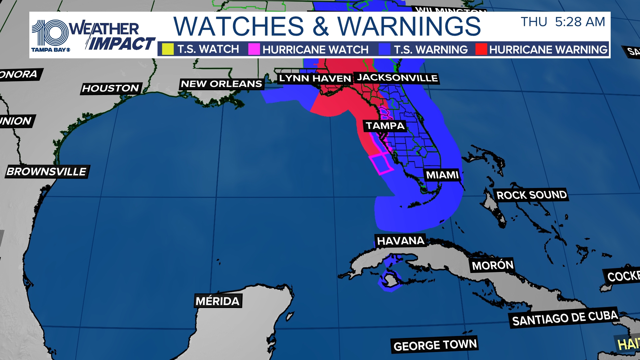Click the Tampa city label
pyautogui.click(x=385, y=126)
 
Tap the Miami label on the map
pyautogui.click(x=442, y=175)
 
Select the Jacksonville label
pyautogui.click(x=397, y=78)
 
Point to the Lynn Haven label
pyautogui.click(x=315, y=79)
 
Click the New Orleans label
pyautogui.click(x=221, y=84)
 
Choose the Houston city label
pyautogui.click(x=111, y=88)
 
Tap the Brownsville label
pyautogui.click(x=47, y=172)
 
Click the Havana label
pyautogui.click(x=400, y=241)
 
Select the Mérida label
pyautogui.click(x=218, y=301)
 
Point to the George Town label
pyautogui.click(x=435, y=345)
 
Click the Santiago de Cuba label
pyautogui.click(x=565, y=318)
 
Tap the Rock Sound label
pyautogui.click(x=531, y=195)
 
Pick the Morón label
pyautogui.click(x=492, y=266)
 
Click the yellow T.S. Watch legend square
pyautogui.click(x=168, y=49)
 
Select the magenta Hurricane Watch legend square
pyautogui.click(x=254, y=49)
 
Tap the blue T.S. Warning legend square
pyautogui.click(x=384, y=49)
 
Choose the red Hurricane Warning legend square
pyautogui.click(x=481, y=49)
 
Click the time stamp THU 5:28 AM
pyautogui.click(x=563, y=22)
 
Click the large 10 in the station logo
pyautogui.click(x=50, y=33)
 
